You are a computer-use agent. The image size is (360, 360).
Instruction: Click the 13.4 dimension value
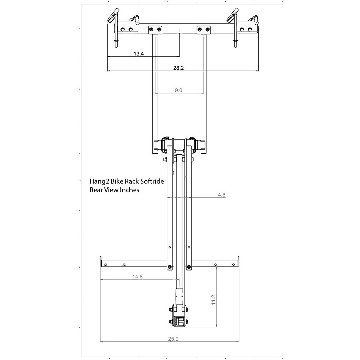coord(139,54)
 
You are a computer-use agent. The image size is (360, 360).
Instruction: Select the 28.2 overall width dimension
coord(178,68)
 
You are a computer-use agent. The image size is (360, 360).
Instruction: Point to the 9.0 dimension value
coord(178,90)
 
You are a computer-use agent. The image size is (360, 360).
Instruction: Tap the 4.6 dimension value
coord(221,195)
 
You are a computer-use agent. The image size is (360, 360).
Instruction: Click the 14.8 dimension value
coord(137,277)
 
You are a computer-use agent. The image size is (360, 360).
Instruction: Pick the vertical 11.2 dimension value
coord(213,300)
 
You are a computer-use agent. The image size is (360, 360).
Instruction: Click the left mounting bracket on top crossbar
coord(155,29)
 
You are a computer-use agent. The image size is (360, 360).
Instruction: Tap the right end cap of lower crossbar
coord(238,263)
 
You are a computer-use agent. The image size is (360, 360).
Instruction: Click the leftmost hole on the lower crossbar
coord(106,265)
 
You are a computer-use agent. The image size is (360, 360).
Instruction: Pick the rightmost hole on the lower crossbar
coord(234,265)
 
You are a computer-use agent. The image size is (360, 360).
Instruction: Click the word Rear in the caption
coord(96,190)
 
